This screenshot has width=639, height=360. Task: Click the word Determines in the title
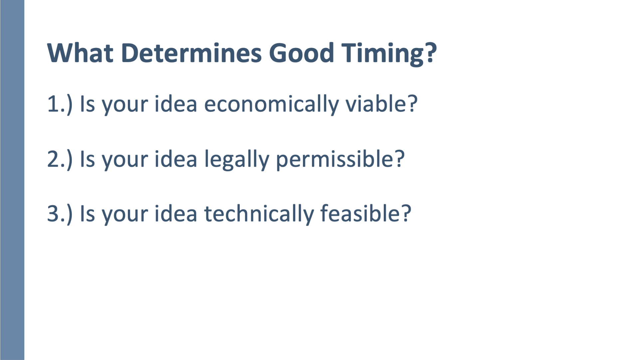(x=191, y=53)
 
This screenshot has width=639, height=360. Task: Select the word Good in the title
(x=302, y=53)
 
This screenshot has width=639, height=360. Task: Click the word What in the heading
(x=80, y=53)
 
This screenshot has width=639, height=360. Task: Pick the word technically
(x=259, y=214)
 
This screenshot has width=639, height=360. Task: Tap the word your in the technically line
(x=125, y=216)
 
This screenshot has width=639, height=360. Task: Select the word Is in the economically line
(x=87, y=104)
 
